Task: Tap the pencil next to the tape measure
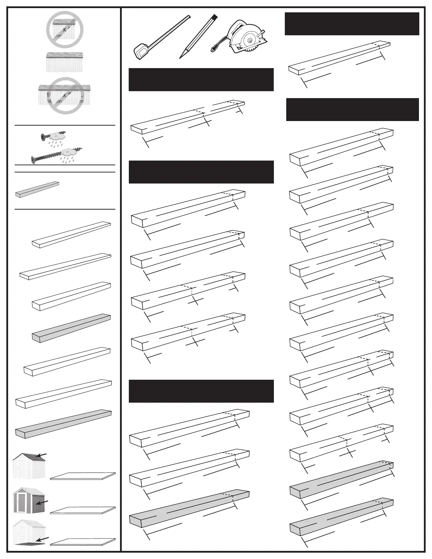click(x=199, y=35)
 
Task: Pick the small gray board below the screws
click(x=37, y=190)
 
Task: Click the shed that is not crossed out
click(x=65, y=62)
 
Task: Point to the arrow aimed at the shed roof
click(x=42, y=455)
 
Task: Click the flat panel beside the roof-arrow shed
click(x=83, y=476)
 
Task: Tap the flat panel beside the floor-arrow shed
click(x=83, y=541)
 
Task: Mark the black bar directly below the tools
click(x=201, y=79)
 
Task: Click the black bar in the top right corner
click(x=352, y=24)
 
